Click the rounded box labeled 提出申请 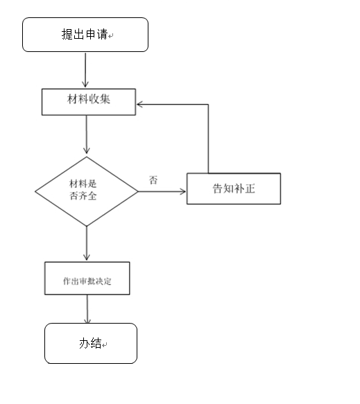(x=85, y=35)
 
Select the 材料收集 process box (x=89, y=102)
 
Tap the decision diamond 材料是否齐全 (x=87, y=191)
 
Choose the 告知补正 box (x=233, y=188)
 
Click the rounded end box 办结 (x=91, y=343)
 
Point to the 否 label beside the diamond (x=153, y=179)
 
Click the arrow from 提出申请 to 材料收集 (x=85, y=70)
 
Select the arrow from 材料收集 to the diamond (x=87, y=136)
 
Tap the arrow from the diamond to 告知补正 (x=162, y=192)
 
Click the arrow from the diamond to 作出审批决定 (x=87, y=243)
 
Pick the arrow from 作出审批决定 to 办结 (x=87, y=309)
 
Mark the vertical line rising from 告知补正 (x=208, y=139)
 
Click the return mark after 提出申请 (x=111, y=36)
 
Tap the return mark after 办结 (x=106, y=344)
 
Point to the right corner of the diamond (x=137, y=192)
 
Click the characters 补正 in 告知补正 (x=245, y=188)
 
